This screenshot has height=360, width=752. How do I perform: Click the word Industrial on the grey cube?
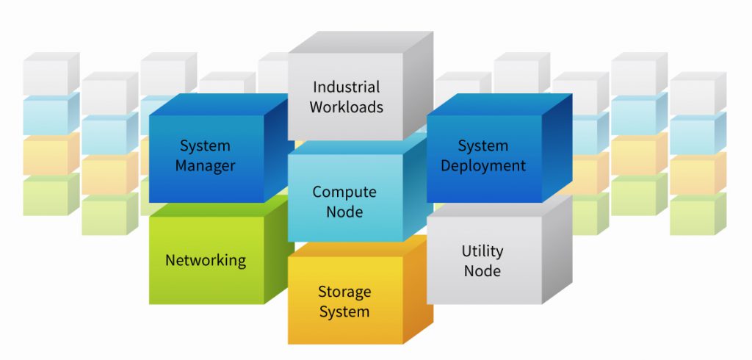(x=346, y=87)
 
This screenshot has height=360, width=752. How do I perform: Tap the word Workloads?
(x=346, y=107)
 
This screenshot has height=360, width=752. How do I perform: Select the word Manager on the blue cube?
(x=205, y=166)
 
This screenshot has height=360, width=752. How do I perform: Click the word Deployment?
(x=483, y=165)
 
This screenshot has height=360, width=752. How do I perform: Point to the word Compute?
(x=344, y=192)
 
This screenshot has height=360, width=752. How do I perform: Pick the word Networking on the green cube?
(x=206, y=260)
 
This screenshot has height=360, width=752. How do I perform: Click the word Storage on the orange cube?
(x=344, y=292)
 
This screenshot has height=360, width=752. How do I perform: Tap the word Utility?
(x=482, y=251)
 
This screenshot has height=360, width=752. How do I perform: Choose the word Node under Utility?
(x=482, y=270)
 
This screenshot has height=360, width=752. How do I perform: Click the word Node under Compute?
(x=344, y=212)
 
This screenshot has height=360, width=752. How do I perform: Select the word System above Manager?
(x=205, y=146)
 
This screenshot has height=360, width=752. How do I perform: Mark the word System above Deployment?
(x=483, y=145)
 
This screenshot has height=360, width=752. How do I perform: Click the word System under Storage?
(x=344, y=311)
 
